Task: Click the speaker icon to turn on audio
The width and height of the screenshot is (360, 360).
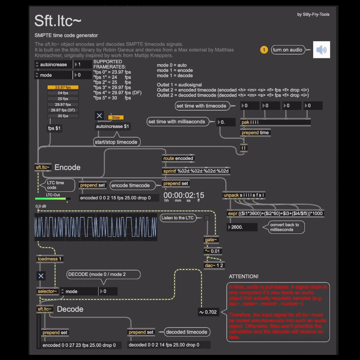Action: (x=321, y=50)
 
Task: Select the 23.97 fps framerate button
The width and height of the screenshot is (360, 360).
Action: (x=63, y=87)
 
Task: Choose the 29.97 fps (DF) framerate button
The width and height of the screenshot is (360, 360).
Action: (x=63, y=110)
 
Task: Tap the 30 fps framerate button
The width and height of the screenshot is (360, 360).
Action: (x=63, y=116)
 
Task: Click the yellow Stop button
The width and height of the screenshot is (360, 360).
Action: (x=116, y=117)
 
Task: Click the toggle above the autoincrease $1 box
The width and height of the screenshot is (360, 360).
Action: (x=99, y=116)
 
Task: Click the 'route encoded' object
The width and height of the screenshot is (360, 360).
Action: (x=178, y=158)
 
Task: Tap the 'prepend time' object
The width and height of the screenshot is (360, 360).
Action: (x=255, y=132)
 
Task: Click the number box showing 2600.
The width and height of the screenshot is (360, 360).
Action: (x=242, y=227)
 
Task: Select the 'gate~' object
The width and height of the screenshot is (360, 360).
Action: (x=211, y=240)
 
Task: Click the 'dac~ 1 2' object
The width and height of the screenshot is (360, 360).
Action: (x=214, y=265)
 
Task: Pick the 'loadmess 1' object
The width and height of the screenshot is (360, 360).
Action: (x=50, y=259)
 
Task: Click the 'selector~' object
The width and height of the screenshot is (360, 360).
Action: (x=47, y=291)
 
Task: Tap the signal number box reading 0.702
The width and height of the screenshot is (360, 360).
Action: (x=208, y=312)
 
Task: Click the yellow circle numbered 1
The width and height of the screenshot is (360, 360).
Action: (x=264, y=50)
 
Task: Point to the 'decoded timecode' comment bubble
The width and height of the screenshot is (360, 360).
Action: (x=186, y=332)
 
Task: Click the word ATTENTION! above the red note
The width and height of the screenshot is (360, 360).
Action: (x=244, y=276)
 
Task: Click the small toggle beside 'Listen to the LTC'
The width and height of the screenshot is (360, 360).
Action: (x=207, y=218)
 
